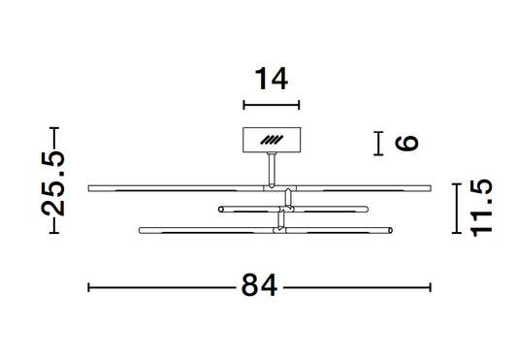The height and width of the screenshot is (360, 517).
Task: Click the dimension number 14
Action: tap(272, 78)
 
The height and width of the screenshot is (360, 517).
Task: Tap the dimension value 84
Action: tap(259, 287)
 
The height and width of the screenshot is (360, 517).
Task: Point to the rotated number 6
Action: tap(407, 144)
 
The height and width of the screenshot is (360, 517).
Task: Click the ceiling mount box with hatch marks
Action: tap(271, 142)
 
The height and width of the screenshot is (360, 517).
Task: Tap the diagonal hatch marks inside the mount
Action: tap(273, 142)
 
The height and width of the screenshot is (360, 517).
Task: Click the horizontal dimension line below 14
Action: tap(272, 105)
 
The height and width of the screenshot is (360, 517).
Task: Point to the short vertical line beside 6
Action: tap(377, 144)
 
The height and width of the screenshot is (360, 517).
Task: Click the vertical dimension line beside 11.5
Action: tap(455, 207)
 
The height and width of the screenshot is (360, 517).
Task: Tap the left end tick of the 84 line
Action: tap(89, 287)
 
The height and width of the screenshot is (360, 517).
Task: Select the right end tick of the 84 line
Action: tap(431, 287)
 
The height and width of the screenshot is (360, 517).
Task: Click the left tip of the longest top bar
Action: tap(90, 187)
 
